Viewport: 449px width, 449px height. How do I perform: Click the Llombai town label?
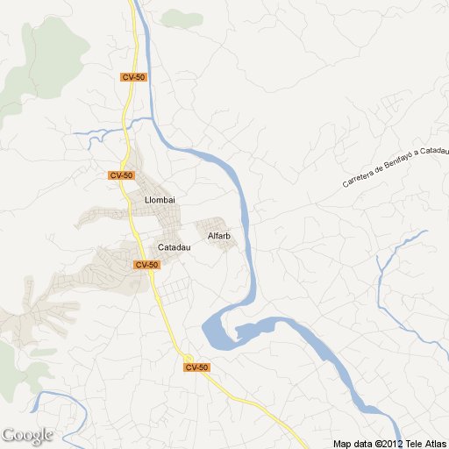[160, 200]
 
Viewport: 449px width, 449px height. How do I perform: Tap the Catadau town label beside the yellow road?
[174, 247]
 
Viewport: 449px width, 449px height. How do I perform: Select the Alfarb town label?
[218, 236]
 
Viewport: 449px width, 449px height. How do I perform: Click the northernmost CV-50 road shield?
[133, 78]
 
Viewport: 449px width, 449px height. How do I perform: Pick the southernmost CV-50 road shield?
[196, 367]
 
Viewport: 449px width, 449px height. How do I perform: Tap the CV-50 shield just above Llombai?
[121, 175]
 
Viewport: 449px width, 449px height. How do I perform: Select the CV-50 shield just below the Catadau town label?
[146, 264]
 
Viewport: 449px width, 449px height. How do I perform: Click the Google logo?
[27, 435]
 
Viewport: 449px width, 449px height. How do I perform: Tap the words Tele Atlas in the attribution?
[427, 443]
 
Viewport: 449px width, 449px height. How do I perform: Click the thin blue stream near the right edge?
[395, 254]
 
